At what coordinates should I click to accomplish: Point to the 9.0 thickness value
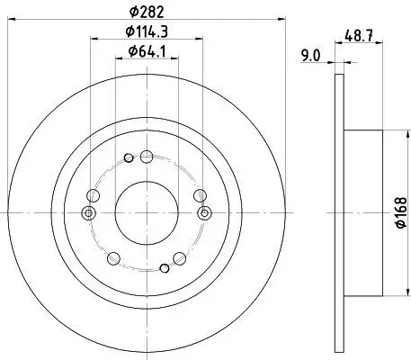point(311,56)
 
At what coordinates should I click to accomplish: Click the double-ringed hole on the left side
point(87,213)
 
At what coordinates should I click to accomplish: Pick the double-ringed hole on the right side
point(205,213)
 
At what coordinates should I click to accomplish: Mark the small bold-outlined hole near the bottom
point(164,266)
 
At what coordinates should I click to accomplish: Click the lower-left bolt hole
point(112,259)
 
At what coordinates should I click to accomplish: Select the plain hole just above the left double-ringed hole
point(94,194)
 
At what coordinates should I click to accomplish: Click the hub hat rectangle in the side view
point(363,212)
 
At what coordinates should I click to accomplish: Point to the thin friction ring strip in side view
point(338,212)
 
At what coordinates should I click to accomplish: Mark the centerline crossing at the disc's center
point(147,212)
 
